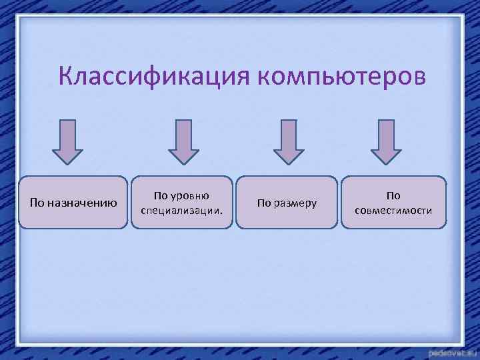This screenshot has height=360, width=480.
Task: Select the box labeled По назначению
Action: pos(73,203)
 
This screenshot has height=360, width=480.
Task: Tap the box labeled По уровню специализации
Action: pos(181,203)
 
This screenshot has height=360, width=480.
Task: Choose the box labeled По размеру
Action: pos(287,203)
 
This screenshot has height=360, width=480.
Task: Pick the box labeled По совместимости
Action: pos(393,203)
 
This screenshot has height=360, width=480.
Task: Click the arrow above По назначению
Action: pos(67,141)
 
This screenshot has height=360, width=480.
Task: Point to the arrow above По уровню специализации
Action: pos(183,141)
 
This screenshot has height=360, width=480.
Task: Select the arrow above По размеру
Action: pos(289,141)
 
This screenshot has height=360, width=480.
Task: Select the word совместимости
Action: pos(393,211)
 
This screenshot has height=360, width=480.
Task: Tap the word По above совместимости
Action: pos(393,196)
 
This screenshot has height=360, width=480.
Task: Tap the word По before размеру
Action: pos(265,203)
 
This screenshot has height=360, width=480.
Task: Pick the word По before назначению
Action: pos(37,203)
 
